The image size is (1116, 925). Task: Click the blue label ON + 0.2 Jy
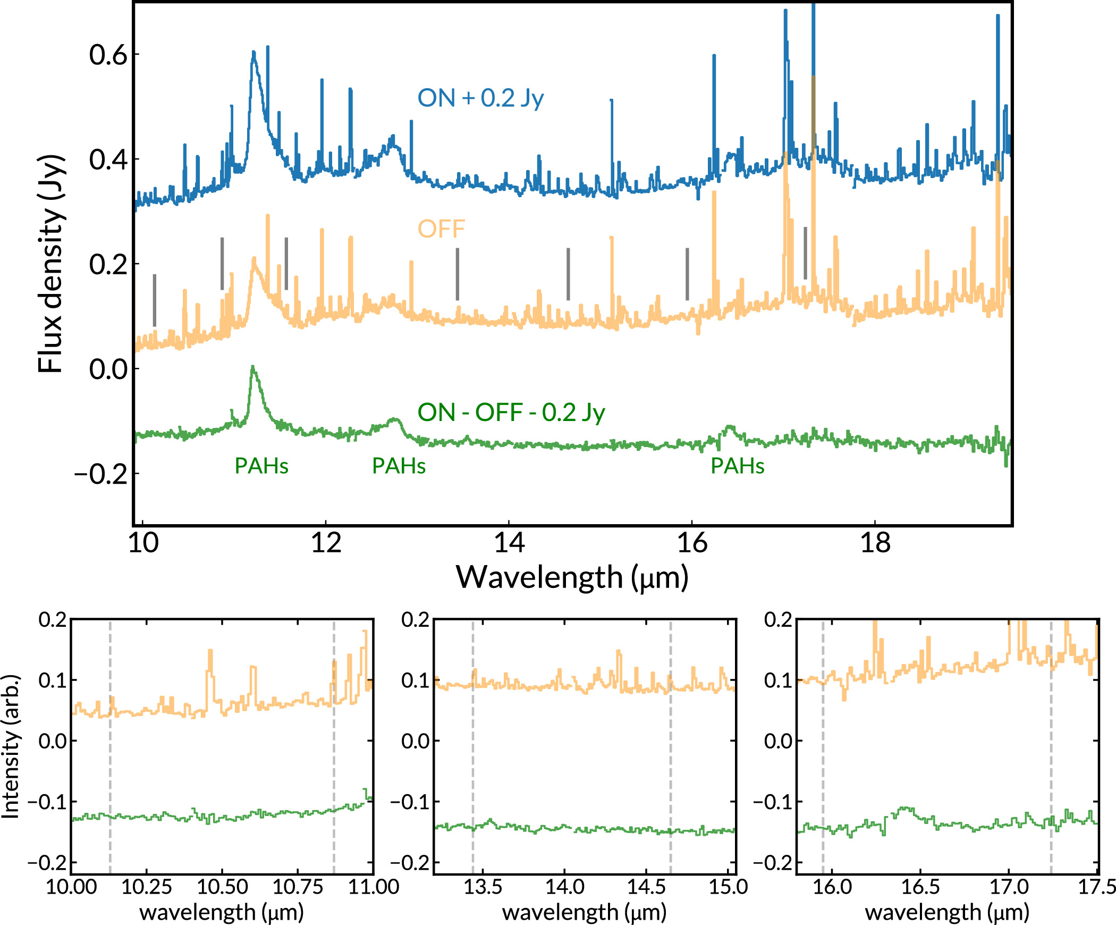[480, 98]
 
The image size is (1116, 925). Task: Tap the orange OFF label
[441, 229]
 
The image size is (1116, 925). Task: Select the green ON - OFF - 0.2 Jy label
[511, 413]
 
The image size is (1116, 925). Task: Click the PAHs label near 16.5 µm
[737, 466]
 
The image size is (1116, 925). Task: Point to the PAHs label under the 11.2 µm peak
[261, 466]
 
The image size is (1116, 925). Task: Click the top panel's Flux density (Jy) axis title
[52, 264]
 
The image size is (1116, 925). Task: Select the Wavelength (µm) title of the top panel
[572, 577]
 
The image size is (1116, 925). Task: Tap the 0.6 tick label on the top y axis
[108, 55]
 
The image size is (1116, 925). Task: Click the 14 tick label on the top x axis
[509, 543]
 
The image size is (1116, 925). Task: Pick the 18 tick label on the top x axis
[875, 543]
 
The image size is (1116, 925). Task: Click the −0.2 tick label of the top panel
[101, 474]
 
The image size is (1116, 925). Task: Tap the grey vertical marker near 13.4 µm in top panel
[457, 274]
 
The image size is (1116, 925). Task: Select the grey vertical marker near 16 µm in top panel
[687, 274]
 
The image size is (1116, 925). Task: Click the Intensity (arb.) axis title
[11, 747]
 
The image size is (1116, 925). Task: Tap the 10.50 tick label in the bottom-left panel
[222, 887]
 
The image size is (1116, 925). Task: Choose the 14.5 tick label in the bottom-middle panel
[646, 887]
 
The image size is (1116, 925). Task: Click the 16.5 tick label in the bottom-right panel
[920, 887]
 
